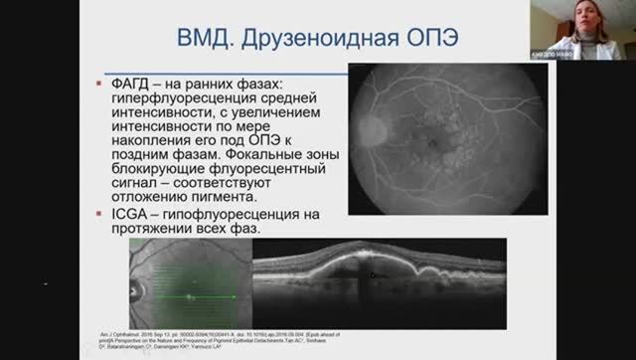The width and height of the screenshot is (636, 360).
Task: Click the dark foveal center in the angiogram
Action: click(x=429, y=145)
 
